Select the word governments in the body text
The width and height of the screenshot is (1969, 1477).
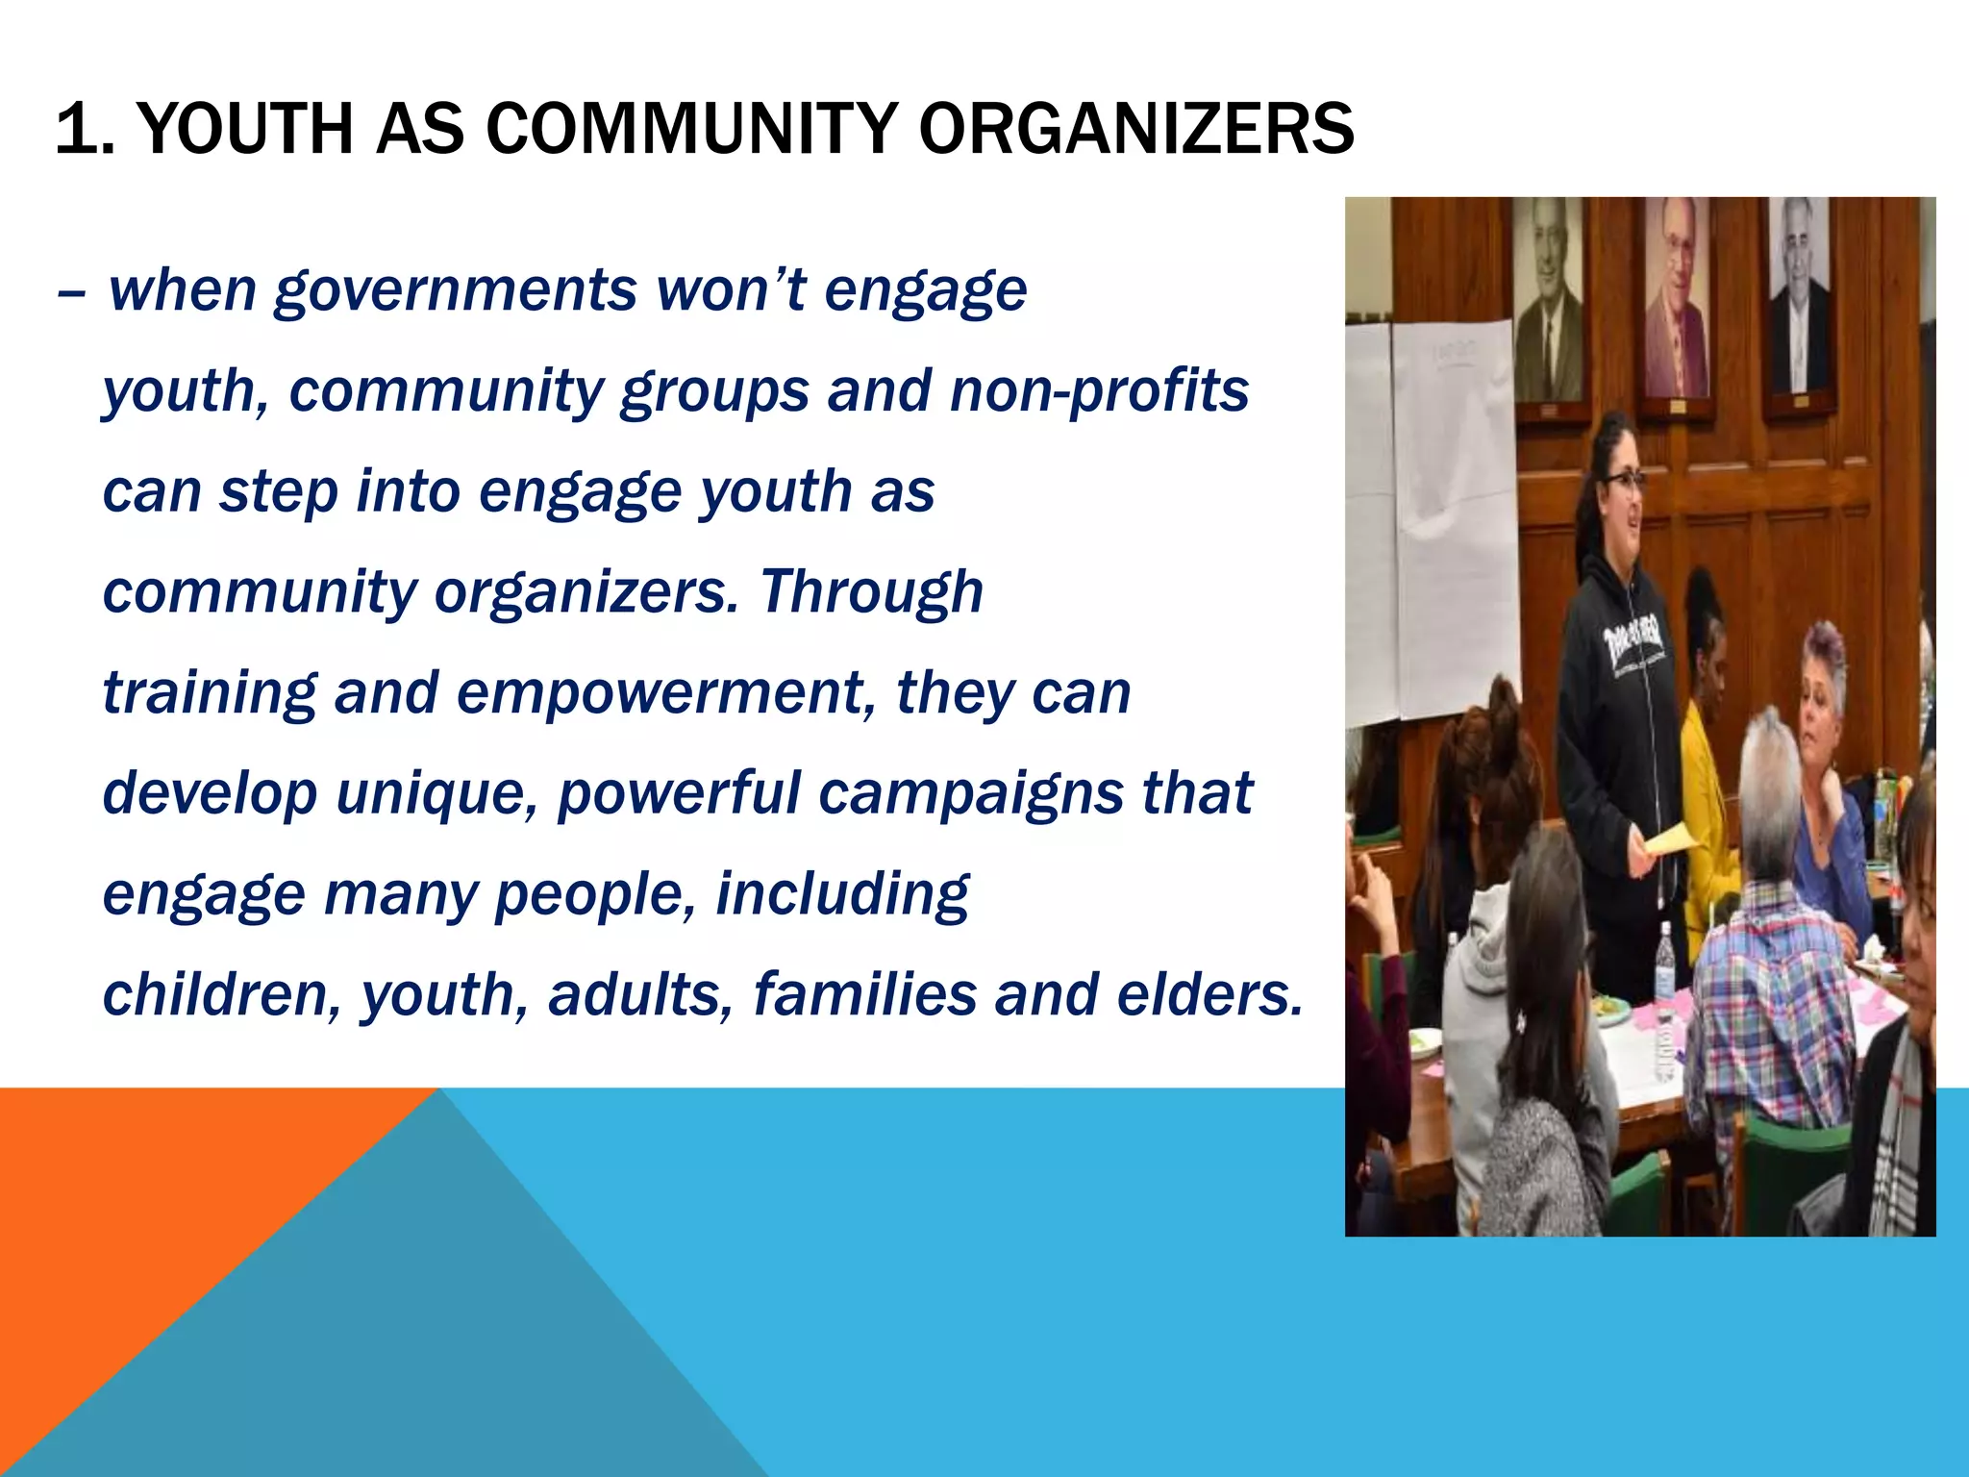[x=455, y=290]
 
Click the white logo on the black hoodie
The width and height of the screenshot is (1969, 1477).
[x=1634, y=638]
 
